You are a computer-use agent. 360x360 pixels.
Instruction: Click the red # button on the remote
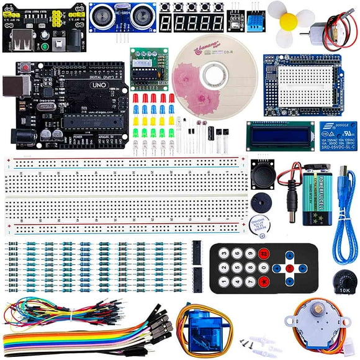click(263, 253)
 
